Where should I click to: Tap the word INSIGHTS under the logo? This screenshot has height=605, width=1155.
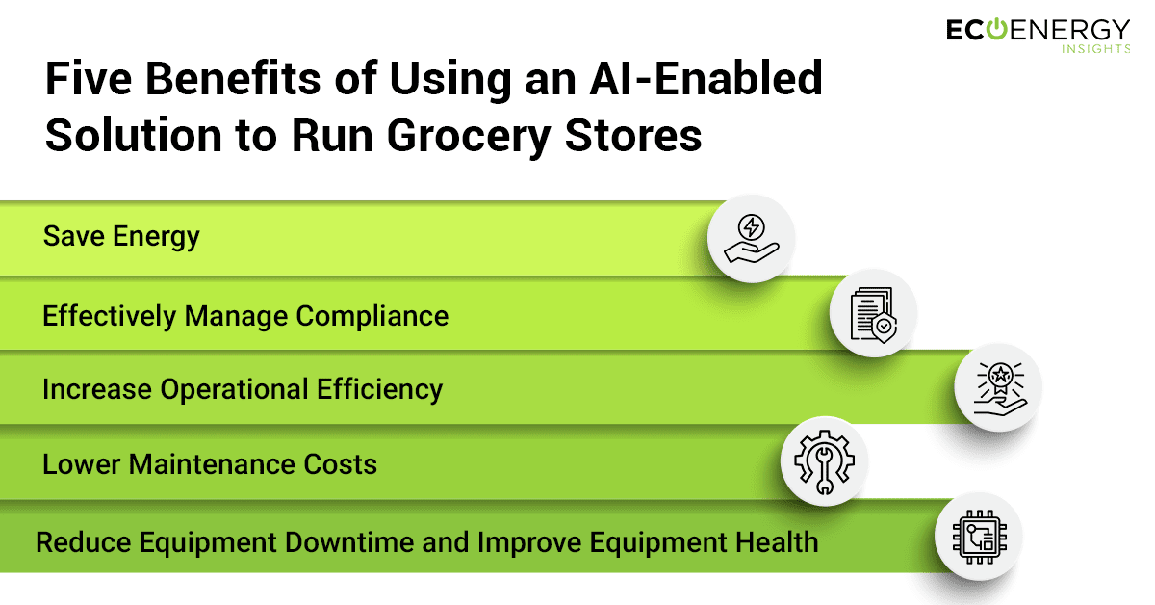1095,49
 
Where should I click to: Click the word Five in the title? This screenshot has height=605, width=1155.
89,79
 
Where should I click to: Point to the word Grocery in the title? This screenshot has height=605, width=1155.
469,137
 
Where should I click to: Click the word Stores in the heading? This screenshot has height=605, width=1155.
633,136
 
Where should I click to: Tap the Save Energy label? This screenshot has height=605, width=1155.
121,237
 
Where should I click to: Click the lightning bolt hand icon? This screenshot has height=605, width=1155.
751,239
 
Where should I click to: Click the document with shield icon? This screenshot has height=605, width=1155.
874,315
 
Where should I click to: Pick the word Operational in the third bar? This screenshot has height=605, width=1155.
234,389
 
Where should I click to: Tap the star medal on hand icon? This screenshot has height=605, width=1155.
999,388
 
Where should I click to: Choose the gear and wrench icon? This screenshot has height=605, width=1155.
824,462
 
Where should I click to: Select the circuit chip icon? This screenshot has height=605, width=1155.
979,537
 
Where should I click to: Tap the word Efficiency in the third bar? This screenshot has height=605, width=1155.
379,389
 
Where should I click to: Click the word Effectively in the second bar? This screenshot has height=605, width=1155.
110,316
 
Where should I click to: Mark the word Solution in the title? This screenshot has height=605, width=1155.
134,136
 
